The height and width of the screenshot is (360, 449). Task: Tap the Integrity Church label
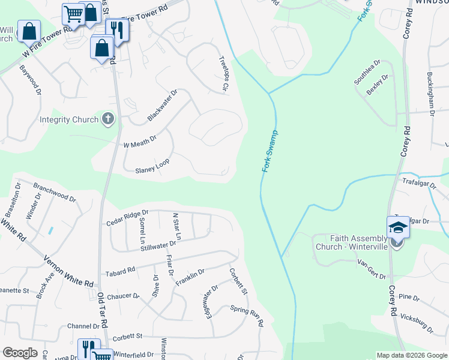tap(69, 119)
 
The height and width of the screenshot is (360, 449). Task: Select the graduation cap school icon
tap(397, 227)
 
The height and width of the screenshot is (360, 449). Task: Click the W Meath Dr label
tap(139, 142)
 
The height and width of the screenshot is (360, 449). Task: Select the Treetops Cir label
tap(224, 79)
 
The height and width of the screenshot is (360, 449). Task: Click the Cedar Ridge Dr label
tap(127, 217)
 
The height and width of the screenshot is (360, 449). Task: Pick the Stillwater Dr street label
tap(158, 245)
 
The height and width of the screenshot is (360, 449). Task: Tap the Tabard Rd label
tap(120, 272)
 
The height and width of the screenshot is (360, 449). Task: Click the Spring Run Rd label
tap(247, 314)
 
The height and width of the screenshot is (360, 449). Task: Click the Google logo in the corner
tap(20, 352)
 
